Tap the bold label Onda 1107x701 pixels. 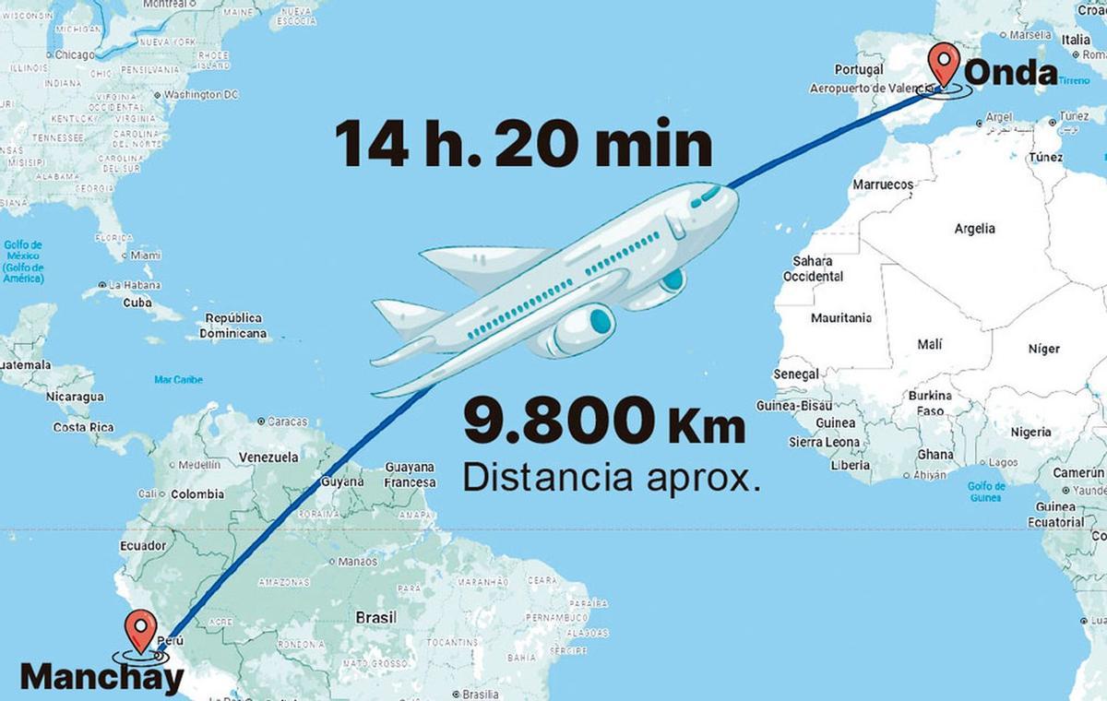[x=1011, y=74]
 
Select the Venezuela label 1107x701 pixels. [x=268, y=457]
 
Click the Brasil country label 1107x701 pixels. [x=375, y=617]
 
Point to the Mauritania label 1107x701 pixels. [x=840, y=318]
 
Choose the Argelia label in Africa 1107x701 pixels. [x=974, y=229]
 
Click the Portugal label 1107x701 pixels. [x=858, y=69]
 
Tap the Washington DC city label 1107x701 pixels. [x=200, y=94]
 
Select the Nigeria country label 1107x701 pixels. [x=1030, y=432]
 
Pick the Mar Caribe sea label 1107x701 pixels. [x=178, y=379]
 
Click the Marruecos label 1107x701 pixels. [x=882, y=184]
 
